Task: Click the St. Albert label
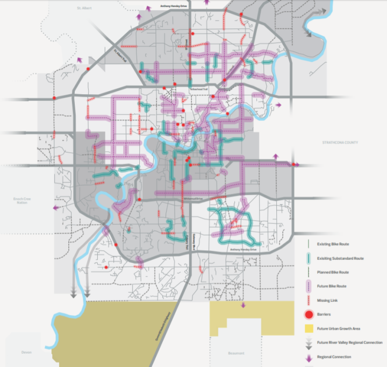[85, 9]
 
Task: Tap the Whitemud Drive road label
[192, 199]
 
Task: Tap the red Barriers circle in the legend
[309, 314]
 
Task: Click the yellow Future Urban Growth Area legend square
[309, 328]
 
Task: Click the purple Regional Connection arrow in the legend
[309, 356]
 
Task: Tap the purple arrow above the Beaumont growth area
[243, 305]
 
